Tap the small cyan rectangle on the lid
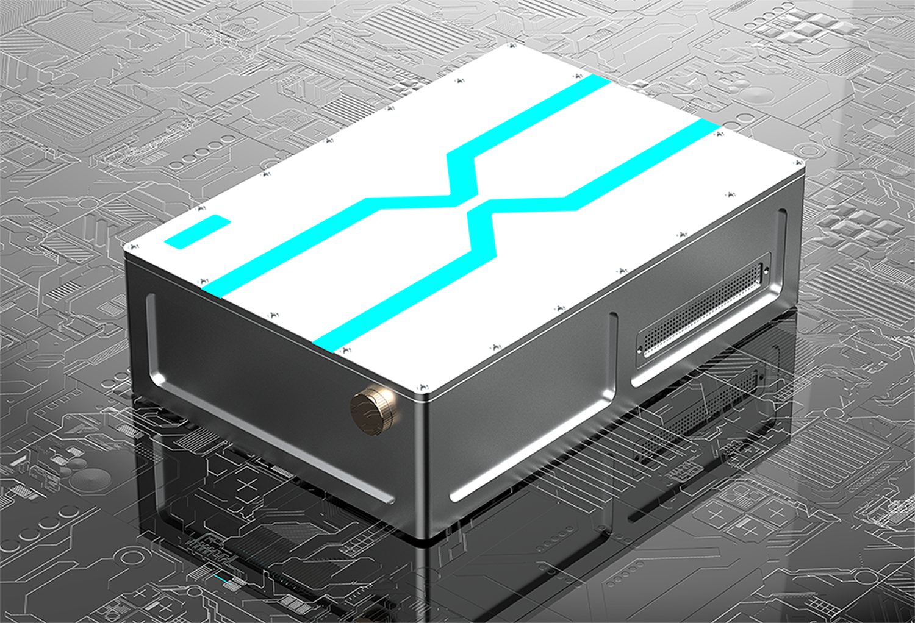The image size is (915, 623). [198, 232]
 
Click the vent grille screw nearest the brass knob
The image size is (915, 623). [640, 350]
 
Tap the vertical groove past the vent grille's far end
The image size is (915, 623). [783, 244]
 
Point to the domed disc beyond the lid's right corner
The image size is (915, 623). [756, 94]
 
